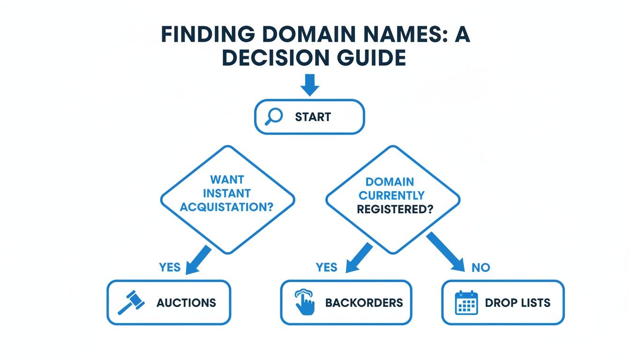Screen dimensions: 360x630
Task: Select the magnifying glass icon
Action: click(273, 116)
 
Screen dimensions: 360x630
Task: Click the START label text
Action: click(313, 117)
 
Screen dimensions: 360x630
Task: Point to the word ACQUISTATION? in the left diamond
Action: click(226, 207)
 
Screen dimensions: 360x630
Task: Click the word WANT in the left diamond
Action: click(227, 180)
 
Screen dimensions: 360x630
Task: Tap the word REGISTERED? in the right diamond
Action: click(395, 209)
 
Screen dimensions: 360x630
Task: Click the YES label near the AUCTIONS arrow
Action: click(170, 267)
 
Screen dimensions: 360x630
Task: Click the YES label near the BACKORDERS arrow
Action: click(326, 267)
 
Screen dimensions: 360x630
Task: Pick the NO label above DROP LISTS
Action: click(480, 268)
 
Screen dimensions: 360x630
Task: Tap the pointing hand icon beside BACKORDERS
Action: click(305, 302)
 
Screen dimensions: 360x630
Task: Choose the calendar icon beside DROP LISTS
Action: click(466, 302)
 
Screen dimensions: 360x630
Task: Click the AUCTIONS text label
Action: click(186, 303)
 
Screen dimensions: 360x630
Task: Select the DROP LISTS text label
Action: click(517, 303)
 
